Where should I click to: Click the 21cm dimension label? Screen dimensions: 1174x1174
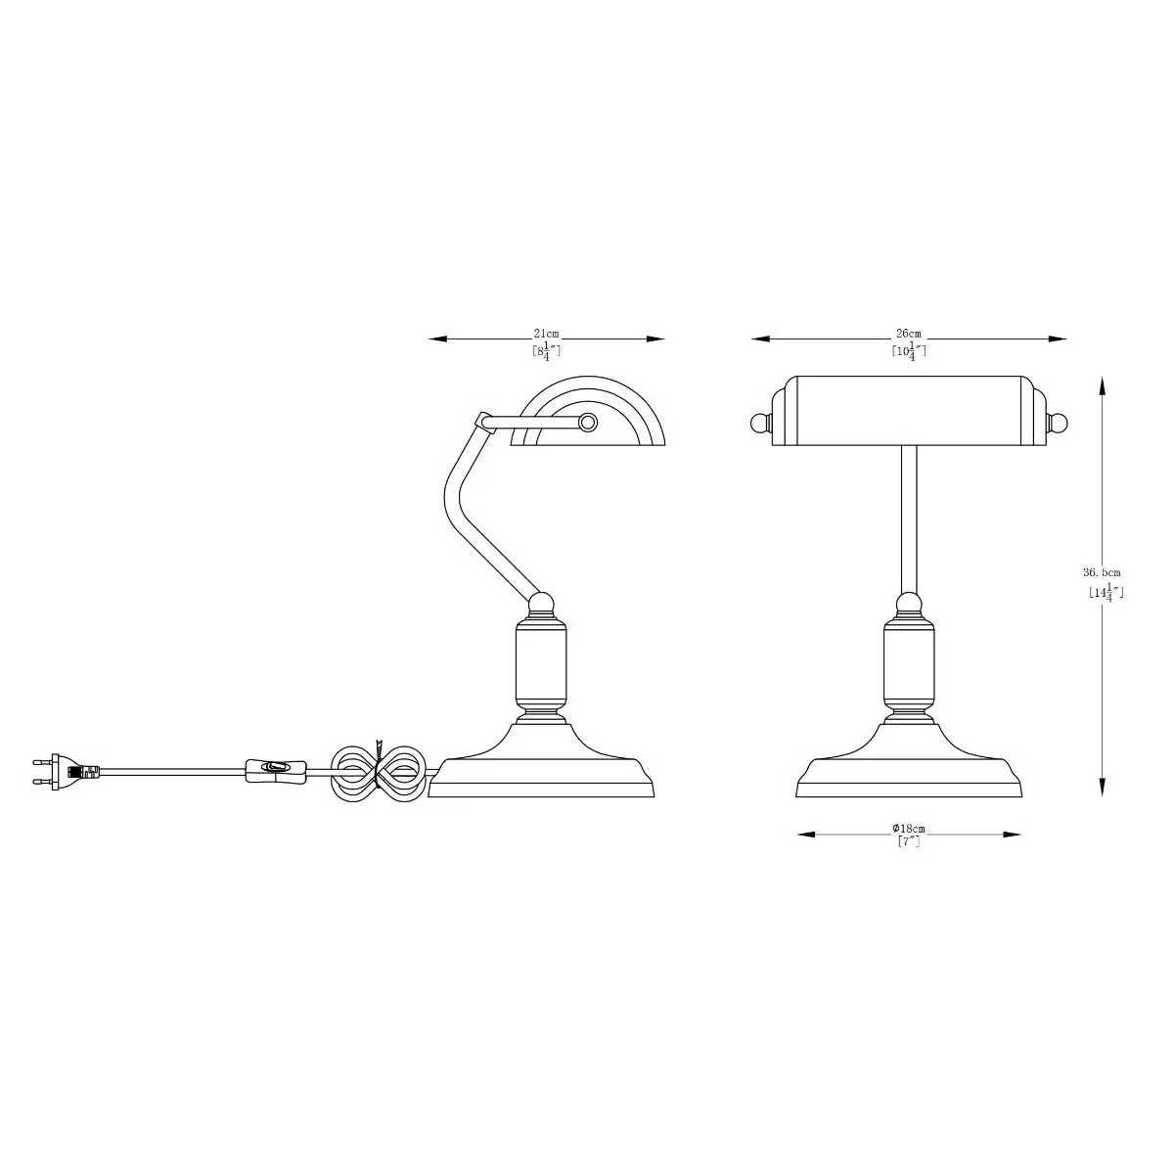pos(546,334)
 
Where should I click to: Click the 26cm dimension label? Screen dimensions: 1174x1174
pos(908,334)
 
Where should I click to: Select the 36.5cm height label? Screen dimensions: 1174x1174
pos(1102,572)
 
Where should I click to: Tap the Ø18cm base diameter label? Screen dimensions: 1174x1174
pos(908,829)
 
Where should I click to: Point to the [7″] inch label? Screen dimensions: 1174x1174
pos(908,841)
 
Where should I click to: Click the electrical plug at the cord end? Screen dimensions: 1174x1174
pos(66,771)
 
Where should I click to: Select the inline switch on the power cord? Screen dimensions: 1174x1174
pos(275,771)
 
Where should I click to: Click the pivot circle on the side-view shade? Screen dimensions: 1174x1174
pos(587,423)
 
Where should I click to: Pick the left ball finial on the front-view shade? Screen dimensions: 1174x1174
pos(760,423)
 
